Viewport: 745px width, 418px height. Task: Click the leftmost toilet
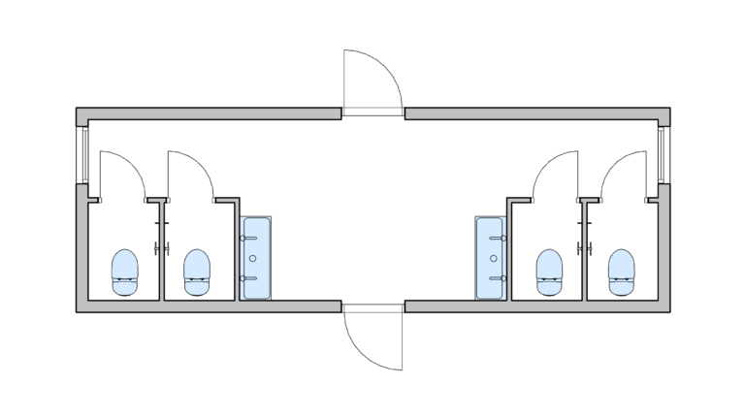[125, 271]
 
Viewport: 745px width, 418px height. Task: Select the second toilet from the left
[197, 271]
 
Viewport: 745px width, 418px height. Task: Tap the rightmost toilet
[622, 271]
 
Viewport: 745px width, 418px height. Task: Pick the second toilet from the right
[550, 271]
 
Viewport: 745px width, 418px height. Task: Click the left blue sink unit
[256, 258]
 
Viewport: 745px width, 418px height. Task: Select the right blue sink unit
[491, 258]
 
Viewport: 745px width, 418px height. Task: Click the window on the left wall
[82, 155]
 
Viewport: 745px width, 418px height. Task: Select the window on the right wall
[664, 155]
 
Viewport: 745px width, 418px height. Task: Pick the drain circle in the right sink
[493, 258]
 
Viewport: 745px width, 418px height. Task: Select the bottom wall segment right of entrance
[534, 306]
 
